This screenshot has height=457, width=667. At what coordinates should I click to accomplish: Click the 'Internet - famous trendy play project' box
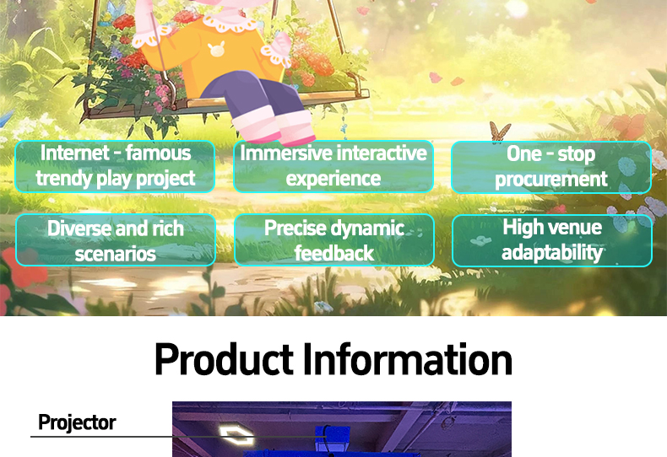click(x=115, y=166)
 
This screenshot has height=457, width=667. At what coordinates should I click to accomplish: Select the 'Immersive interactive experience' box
click(x=333, y=166)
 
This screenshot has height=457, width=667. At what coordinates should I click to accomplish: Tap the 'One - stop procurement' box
click(x=551, y=167)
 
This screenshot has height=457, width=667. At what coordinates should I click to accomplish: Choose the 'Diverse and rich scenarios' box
click(x=116, y=240)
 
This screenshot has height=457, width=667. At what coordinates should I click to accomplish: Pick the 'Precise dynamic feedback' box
click(x=334, y=240)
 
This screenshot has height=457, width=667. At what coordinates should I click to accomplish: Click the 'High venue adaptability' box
click(x=552, y=240)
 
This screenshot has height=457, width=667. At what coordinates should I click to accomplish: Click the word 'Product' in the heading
click(x=224, y=359)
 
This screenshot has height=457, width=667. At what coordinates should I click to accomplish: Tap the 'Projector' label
click(x=77, y=422)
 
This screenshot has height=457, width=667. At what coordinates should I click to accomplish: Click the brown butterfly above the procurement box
click(x=500, y=131)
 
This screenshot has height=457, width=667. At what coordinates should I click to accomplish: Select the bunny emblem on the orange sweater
click(x=216, y=50)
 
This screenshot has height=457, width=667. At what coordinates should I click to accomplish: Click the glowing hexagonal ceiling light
click(x=236, y=435)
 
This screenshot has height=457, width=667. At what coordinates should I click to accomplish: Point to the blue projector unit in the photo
click(x=332, y=439)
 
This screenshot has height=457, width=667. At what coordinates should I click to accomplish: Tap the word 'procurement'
click(x=551, y=179)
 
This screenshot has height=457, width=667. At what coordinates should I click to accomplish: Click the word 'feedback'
click(x=334, y=253)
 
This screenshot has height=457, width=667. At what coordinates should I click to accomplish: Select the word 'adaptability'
click(x=552, y=252)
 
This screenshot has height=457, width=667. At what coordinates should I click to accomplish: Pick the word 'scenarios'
click(x=116, y=254)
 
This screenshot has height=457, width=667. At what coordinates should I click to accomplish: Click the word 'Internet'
click(x=75, y=153)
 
